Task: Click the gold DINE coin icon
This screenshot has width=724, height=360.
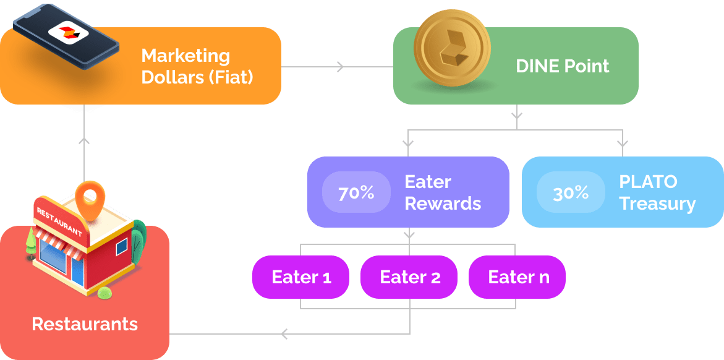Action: point(452,51)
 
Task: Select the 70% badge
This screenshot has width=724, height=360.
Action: point(356,192)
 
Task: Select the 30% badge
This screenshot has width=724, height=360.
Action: point(570,192)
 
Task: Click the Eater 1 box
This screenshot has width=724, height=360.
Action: point(301,276)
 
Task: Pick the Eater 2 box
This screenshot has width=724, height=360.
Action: point(409,276)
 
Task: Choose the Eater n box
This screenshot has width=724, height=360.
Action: point(517,276)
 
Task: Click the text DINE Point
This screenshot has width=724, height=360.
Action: point(562,66)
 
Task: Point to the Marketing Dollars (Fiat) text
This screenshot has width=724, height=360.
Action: point(197,67)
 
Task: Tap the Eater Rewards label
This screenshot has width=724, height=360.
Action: point(443,192)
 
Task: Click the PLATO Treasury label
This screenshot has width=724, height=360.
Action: point(657,192)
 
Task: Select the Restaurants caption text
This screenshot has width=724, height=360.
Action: point(85,324)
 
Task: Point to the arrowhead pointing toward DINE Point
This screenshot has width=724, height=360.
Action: point(340,66)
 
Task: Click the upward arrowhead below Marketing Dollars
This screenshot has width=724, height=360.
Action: point(85,141)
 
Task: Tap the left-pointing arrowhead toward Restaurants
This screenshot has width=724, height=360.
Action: point(284,334)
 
